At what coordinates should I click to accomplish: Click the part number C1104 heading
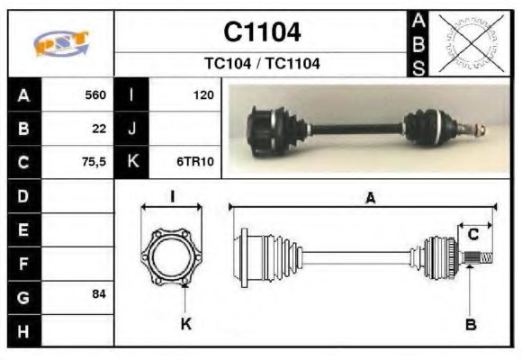click(262, 32)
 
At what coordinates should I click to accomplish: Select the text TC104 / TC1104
click(262, 64)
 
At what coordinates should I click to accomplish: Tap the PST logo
click(60, 43)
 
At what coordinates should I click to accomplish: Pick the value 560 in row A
click(95, 94)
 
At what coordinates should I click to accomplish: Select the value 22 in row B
click(99, 129)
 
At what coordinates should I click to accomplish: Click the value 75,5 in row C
click(94, 163)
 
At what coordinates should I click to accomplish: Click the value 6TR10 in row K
click(194, 163)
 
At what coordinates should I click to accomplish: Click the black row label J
click(132, 129)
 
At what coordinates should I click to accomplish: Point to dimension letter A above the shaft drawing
click(369, 199)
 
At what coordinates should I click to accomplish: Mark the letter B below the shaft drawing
click(471, 325)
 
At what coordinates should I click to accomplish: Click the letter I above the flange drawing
click(172, 196)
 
